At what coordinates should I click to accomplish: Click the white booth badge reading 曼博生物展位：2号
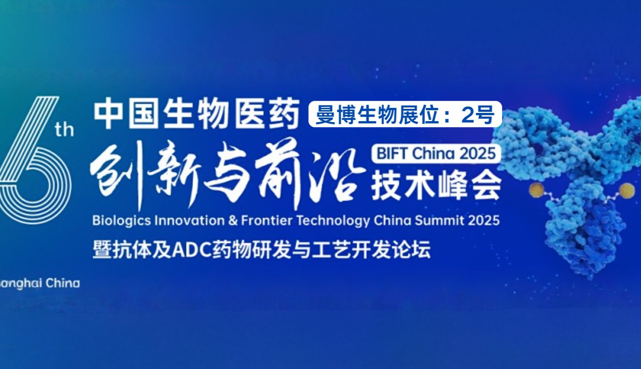(x=405, y=114)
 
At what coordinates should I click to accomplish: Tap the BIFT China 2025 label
(x=436, y=154)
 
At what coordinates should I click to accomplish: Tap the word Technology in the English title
(x=333, y=221)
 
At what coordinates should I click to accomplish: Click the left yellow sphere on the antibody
(x=537, y=191)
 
